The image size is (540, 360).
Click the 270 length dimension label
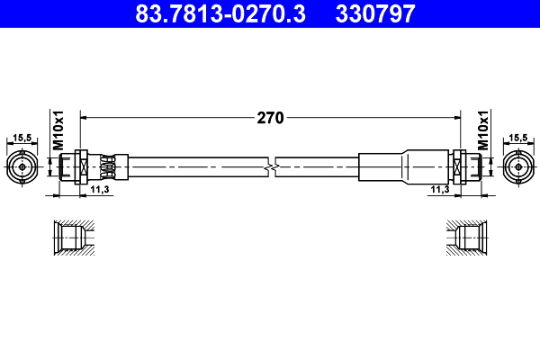point(271,117)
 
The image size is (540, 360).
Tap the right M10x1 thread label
point(483,130)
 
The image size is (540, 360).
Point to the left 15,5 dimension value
point(22,138)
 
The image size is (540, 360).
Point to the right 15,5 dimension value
point(517,138)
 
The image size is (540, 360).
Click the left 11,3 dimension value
point(100,189)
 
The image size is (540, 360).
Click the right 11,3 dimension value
point(439,189)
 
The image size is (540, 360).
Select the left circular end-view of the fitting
point(22,167)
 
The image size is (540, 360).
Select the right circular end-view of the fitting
point(517,167)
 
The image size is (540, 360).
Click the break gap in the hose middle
point(271,167)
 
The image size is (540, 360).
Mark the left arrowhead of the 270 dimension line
point(85,117)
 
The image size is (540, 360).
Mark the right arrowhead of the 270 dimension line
point(455,117)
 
